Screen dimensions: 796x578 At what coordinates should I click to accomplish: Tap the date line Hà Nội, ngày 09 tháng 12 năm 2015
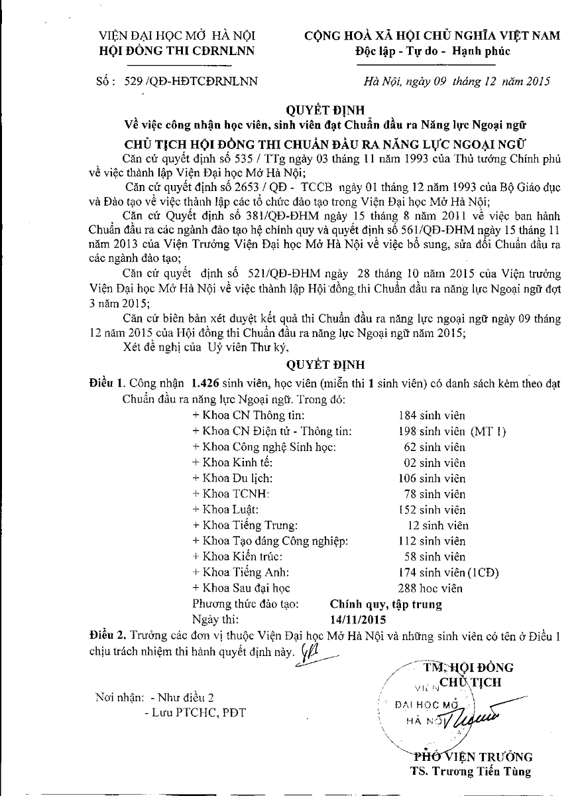click(x=457, y=82)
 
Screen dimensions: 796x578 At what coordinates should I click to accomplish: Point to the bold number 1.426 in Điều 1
click(x=205, y=383)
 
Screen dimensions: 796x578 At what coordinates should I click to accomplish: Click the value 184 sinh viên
click(x=432, y=416)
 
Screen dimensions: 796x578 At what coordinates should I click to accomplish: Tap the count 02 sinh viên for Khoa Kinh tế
click(x=434, y=463)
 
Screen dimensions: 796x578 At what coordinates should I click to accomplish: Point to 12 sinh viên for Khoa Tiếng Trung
click(x=437, y=525)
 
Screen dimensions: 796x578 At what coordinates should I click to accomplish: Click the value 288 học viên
click(x=430, y=588)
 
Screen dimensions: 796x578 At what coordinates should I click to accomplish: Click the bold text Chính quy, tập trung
click(x=386, y=604)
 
